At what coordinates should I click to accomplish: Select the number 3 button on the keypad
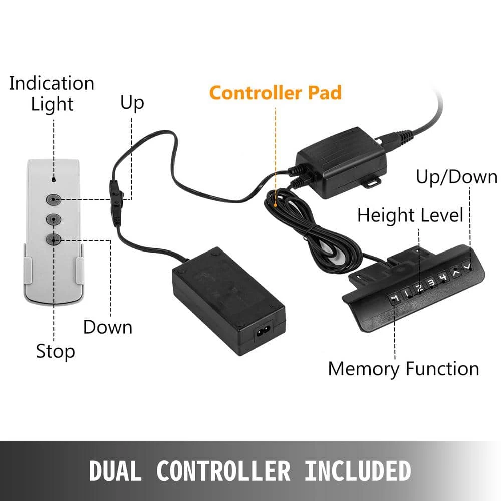tap(432, 282)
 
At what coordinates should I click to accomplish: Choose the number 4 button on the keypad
tap(443, 277)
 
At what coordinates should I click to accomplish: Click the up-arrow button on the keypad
tap(456, 272)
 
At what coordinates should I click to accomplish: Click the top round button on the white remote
tap(54, 200)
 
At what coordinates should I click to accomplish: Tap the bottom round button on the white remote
tap(54, 239)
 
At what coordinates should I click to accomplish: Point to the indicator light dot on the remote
tap(54, 180)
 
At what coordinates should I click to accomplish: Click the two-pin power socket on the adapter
tap(264, 332)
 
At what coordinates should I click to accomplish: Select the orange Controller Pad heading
tap(276, 93)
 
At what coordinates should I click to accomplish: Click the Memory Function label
tap(403, 369)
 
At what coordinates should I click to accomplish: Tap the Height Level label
tap(410, 215)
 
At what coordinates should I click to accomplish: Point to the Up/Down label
tap(456, 177)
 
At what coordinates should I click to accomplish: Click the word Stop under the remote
tap(55, 351)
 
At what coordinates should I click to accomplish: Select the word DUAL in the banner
tap(115, 471)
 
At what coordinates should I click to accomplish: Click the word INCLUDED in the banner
tap(358, 471)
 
